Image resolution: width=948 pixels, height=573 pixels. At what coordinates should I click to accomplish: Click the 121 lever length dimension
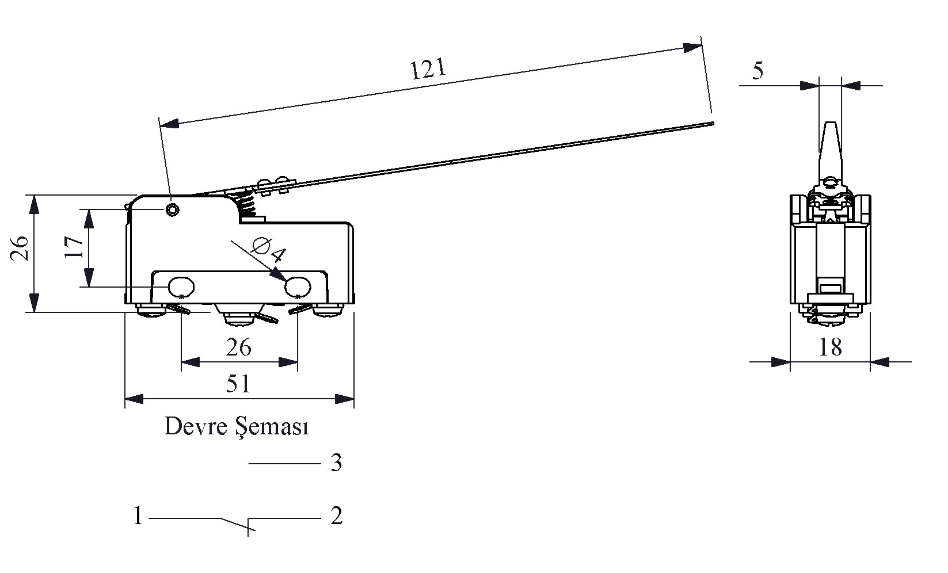pos(428,69)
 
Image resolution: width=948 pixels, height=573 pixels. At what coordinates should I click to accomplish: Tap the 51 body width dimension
pos(238,384)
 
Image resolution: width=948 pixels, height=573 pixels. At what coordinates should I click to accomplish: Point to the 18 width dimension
pos(830,347)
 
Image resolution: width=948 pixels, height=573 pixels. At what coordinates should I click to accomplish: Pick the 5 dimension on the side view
pos(757,71)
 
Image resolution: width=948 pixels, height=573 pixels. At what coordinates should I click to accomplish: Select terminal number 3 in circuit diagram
pos(337,463)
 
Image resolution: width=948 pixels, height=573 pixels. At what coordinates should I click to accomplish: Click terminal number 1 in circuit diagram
pos(138,515)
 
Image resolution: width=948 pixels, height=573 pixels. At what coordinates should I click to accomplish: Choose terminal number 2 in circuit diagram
pos(337,515)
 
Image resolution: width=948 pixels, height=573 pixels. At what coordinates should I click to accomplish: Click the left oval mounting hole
pos(181,286)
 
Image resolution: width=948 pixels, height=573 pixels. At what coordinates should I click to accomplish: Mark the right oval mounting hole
pos(298,286)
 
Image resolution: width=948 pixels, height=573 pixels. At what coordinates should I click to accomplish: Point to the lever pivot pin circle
pos(172,210)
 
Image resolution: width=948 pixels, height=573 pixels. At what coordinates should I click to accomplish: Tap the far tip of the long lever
pos(711,123)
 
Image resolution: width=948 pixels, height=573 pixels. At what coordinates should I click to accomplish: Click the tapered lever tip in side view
pos(830,147)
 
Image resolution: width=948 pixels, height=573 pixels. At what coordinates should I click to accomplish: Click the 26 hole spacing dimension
pos(238,347)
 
